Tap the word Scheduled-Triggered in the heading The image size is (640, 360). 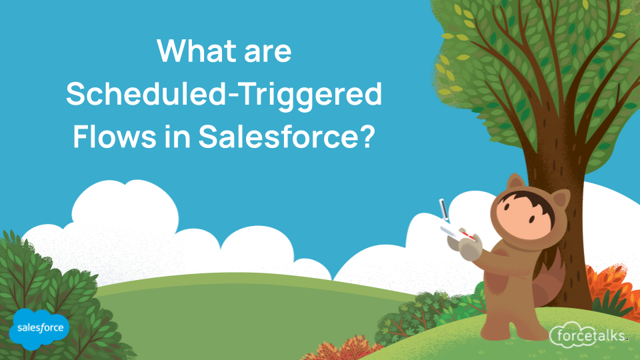[224, 95]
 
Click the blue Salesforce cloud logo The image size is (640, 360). [39, 328]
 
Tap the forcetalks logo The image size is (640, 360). [589, 335]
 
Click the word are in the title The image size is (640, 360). [265, 51]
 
